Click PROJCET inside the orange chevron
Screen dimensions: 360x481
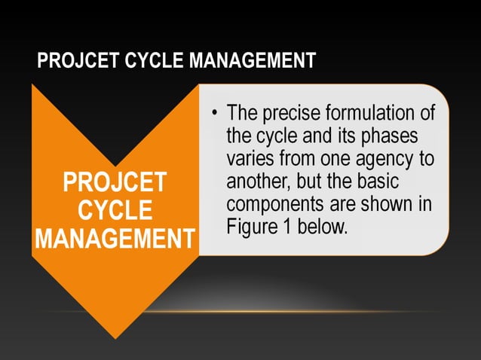point(115,183)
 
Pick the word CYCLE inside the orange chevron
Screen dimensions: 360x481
point(115,210)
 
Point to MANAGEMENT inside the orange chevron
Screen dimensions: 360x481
point(115,238)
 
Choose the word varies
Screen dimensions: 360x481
point(251,160)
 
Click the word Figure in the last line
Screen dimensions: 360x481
point(251,227)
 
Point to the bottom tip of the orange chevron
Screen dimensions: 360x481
point(115,337)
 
